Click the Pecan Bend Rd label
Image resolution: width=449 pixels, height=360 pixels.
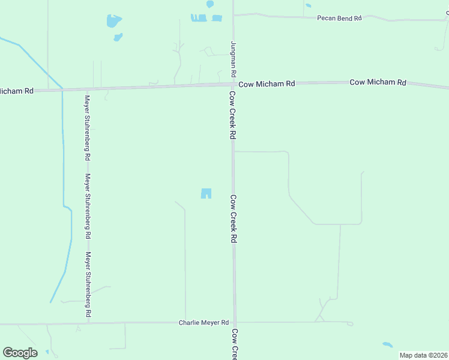pyautogui.click(x=339, y=19)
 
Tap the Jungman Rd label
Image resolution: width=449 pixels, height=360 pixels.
pyautogui.click(x=233, y=58)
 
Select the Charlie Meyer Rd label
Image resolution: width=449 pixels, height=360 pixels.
pyautogui.click(x=204, y=322)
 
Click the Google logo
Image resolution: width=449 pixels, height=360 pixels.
pyautogui.click(x=20, y=352)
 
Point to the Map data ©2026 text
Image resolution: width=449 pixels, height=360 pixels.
pyautogui.click(x=424, y=355)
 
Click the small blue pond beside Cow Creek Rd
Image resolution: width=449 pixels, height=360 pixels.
pyautogui.click(x=206, y=193)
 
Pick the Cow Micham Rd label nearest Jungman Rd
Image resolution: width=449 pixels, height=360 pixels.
pyautogui.click(x=267, y=84)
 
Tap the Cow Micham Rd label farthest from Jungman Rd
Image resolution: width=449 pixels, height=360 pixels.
pyautogui.click(x=378, y=82)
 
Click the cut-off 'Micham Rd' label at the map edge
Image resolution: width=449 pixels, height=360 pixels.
pyautogui.click(x=17, y=91)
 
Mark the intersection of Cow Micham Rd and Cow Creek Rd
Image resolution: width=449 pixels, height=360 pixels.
pyautogui.click(x=234, y=85)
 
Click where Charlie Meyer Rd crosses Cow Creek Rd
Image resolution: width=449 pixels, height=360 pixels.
pyautogui.click(x=235, y=322)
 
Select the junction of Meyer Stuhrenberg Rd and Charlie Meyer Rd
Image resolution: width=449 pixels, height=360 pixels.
pyautogui.click(x=88, y=323)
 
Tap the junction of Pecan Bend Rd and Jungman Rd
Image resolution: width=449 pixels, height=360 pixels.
pyautogui.click(x=234, y=15)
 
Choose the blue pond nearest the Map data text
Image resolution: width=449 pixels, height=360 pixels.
pyautogui.click(x=388, y=345)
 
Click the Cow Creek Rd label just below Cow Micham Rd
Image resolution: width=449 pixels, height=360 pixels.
pyautogui.click(x=232, y=115)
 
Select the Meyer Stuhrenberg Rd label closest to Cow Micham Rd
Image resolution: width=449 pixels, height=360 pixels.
pyautogui.click(x=88, y=127)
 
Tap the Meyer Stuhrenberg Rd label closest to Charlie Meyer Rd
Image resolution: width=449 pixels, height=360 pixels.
pyautogui.click(x=88, y=284)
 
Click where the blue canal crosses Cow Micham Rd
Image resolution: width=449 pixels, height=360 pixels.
pyautogui.click(x=62, y=89)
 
